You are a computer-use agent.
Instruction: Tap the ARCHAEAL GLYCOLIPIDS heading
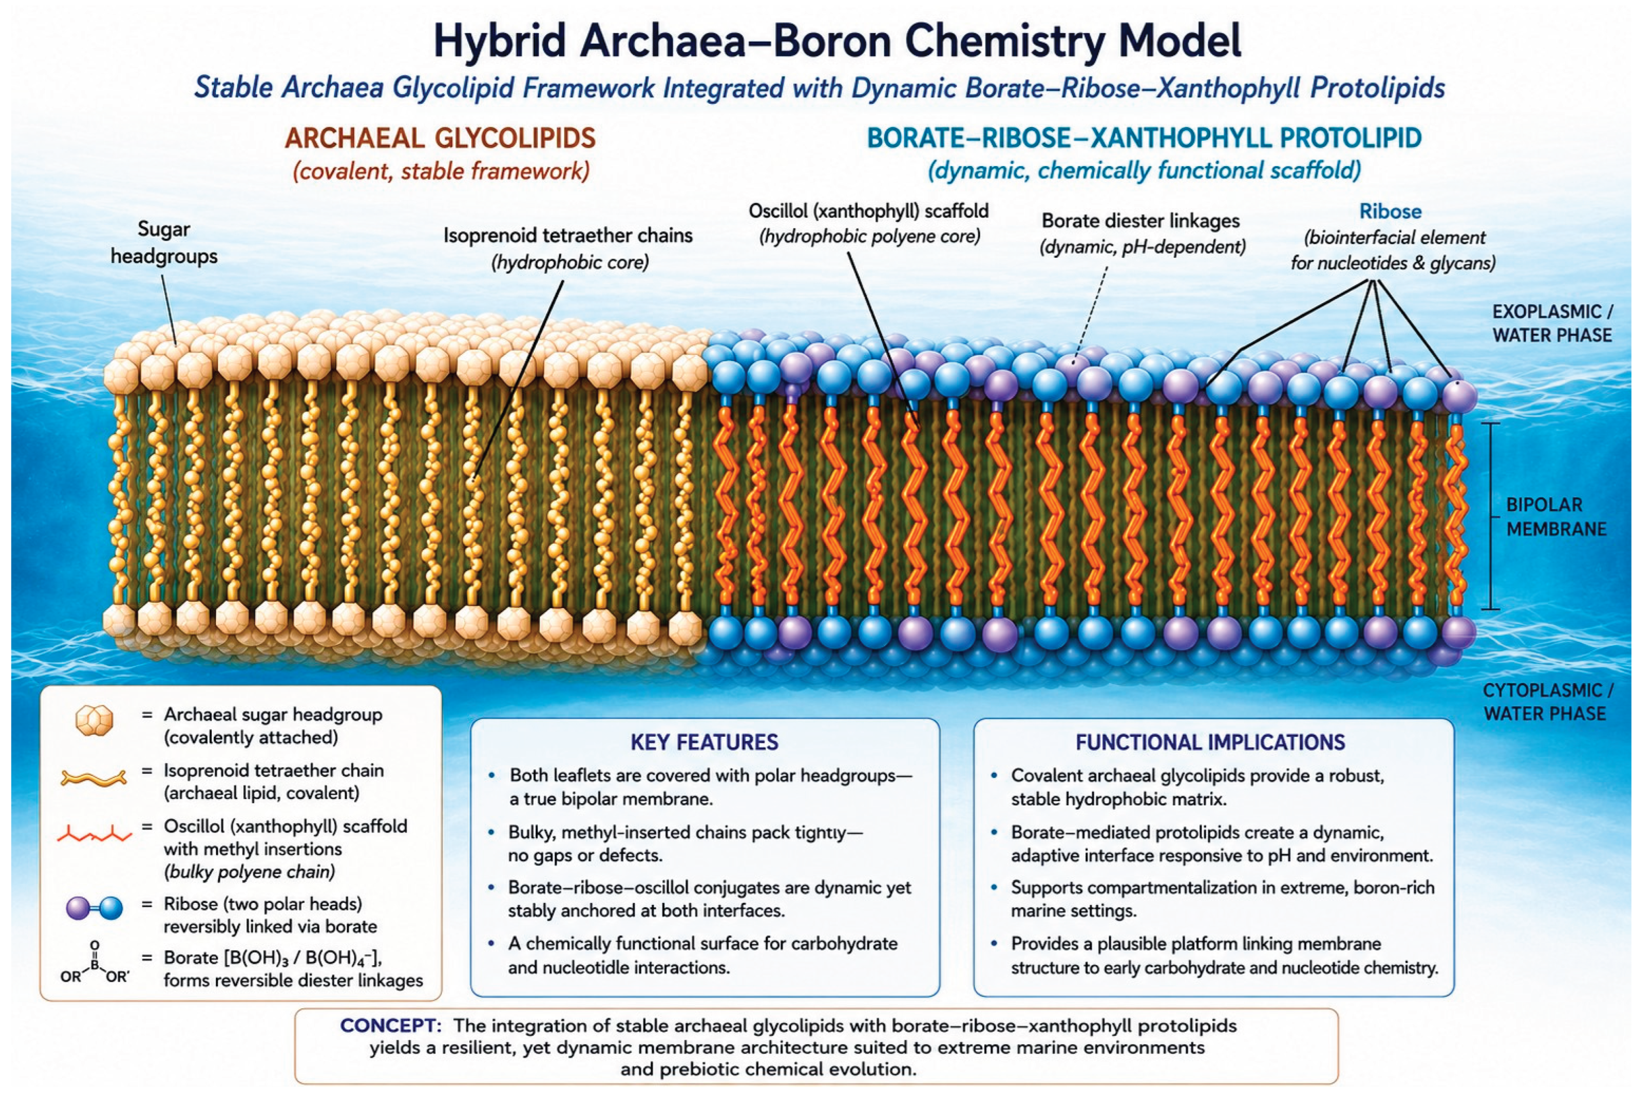440,138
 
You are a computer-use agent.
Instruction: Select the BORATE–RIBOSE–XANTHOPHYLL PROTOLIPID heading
1144,138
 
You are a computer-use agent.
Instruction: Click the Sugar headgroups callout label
164,242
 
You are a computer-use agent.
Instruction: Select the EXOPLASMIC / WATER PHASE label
1552,323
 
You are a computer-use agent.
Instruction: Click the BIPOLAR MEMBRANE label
1556,517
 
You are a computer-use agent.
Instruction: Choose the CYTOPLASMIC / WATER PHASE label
1548,702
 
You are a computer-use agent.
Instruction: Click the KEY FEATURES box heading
704,742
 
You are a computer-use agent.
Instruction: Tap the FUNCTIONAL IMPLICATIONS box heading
1211,742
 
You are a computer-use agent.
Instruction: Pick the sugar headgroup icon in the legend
94,721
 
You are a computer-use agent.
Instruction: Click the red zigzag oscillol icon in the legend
94,833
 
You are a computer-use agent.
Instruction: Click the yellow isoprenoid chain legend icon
94,777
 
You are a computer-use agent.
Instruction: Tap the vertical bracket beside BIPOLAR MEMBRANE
1491,516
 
